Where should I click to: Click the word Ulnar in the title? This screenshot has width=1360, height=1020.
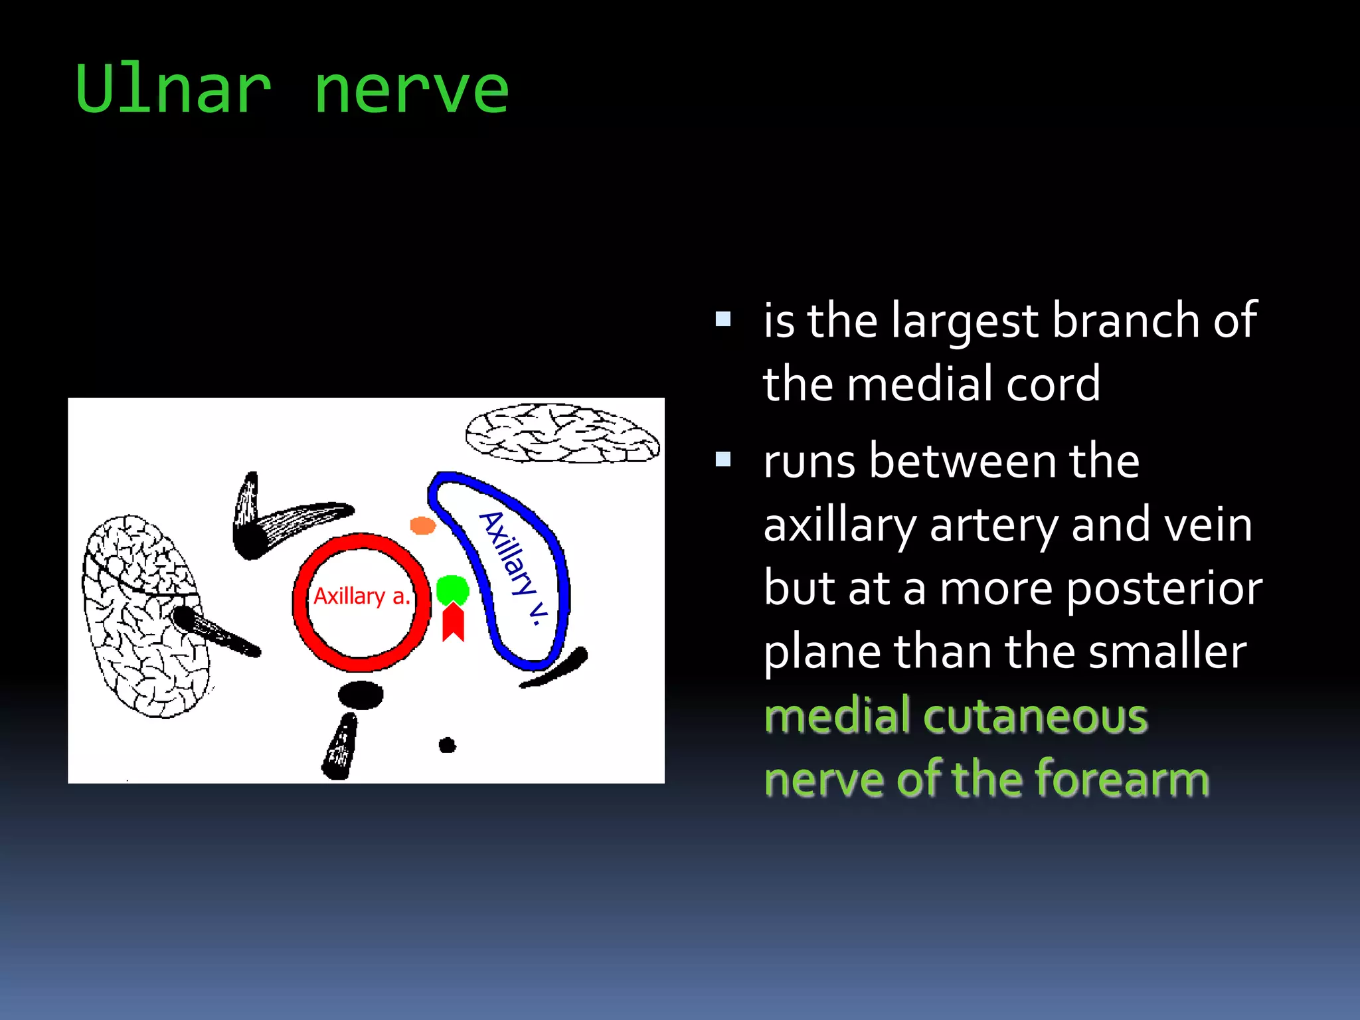click(174, 90)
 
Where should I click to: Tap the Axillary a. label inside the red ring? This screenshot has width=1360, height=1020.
click(362, 596)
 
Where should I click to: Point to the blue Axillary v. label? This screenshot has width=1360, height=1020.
click(515, 568)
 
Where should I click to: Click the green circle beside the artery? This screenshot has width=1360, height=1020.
click(453, 589)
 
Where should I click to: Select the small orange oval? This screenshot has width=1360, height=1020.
click(422, 526)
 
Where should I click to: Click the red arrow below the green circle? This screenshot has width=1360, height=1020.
click(454, 623)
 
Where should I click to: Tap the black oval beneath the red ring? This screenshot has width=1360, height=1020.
click(361, 695)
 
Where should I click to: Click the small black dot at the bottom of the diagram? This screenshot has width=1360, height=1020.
click(448, 745)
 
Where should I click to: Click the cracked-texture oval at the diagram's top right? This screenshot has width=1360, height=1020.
click(562, 434)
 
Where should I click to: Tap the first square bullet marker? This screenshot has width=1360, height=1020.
click(723, 320)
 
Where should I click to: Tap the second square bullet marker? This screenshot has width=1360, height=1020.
click(723, 460)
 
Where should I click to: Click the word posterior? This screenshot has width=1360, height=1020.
click(1163, 588)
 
